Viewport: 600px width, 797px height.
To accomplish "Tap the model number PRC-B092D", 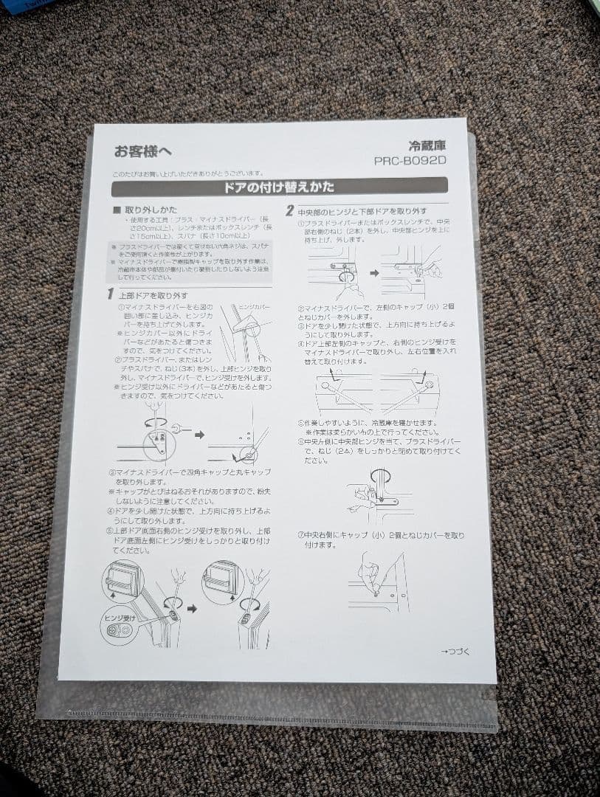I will pos(410,159).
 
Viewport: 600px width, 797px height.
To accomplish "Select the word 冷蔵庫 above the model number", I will pos(428,145).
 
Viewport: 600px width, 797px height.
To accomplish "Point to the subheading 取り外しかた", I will pos(151,210).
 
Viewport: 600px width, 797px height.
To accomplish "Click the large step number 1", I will pos(109,294).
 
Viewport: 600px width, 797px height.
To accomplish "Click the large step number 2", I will pos(290,211).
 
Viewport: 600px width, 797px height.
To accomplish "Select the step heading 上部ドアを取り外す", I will pos(148,295).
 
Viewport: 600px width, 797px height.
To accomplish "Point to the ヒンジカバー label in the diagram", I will pos(254,306).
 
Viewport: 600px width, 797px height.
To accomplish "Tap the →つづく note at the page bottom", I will pos(455,651).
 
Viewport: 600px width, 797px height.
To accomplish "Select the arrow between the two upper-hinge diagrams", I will pos(199,435).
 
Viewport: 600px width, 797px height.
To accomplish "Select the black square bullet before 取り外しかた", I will pos(115,210).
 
